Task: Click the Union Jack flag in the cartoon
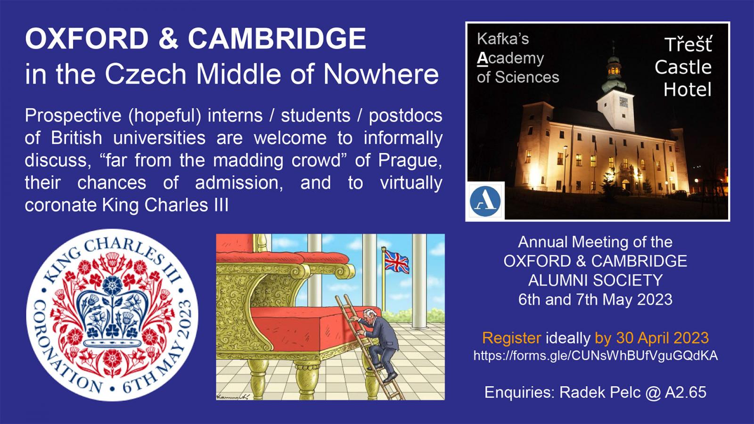396,261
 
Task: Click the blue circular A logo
485,201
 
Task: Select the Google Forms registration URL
596,356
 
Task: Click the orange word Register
512,337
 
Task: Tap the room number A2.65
685,392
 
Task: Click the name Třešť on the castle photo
688,45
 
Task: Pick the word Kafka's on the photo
503,39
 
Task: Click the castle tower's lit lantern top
614,70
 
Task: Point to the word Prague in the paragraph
410,161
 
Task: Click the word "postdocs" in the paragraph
406,116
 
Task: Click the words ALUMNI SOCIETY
595,280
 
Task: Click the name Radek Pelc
600,392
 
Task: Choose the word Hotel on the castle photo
688,90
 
